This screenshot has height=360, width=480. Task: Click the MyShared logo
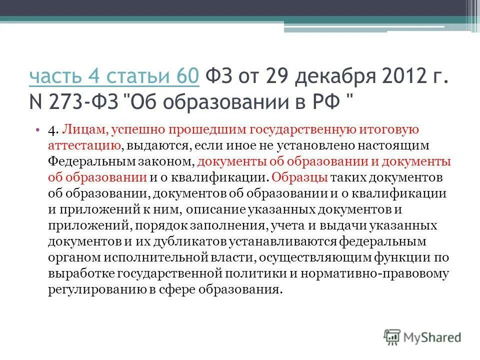tap(422, 337)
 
